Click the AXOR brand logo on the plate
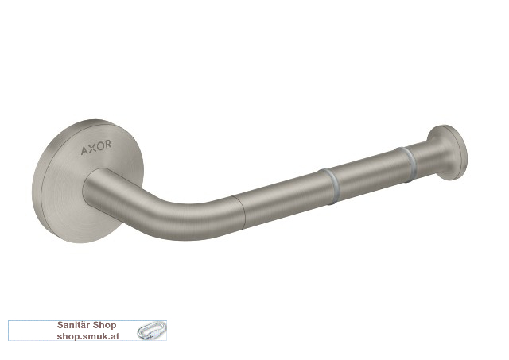pos(96,147)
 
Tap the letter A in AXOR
pos(84,150)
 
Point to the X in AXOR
pos(92,149)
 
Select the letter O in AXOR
pos(100,146)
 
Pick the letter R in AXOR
pos(108,144)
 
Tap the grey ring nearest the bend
pos(331,187)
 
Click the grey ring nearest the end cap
pos(407,165)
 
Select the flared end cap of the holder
pos(448,153)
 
